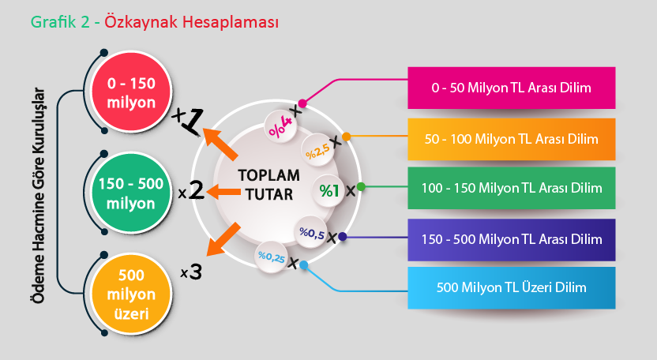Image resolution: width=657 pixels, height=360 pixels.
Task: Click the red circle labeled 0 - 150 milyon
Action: pyautogui.click(x=131, y=92)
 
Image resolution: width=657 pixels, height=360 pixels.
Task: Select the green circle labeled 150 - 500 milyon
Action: pyautogui.click(x=131, y=193)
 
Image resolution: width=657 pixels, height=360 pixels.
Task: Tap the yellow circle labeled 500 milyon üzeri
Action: pyautogui.click(x=131, y=294)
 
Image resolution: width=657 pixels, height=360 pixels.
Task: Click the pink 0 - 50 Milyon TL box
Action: pyautogui.click(x=511, y=88)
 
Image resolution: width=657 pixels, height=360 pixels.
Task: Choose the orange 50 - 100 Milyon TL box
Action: pyautogui.click(x=511, y=139)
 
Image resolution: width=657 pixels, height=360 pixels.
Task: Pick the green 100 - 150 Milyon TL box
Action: pyautogui.click(x=511, y=188)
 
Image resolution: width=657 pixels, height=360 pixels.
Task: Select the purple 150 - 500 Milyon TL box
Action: pyautogui.click(x=511, y=239)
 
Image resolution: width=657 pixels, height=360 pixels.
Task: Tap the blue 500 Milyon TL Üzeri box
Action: pyautogui.click(x=511, y=288)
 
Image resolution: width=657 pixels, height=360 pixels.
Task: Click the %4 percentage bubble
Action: pyautogui.click(x=280, y=126)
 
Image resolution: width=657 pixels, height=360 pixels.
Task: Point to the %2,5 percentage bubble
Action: pyautogui.click(x=317, y=151)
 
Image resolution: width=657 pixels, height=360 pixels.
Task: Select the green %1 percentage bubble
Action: pyautogui.click(x=329, y=191)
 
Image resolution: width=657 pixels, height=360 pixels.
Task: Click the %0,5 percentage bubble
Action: pyautogui.click(x=311, y=233)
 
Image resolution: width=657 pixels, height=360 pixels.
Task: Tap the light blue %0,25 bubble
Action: pyautogui.click(x=271, y=257)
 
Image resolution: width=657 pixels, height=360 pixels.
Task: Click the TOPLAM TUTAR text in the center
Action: pyautogui.click(x=269, y=185)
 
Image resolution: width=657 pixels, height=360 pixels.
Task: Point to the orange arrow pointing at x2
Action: pyautogui.click(x=223, y=192)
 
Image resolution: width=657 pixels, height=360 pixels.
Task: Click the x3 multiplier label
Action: pyautogui.click(x=191, y=272)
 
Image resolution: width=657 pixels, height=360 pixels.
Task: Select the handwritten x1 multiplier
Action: pyautogui.click(x=188, y=121)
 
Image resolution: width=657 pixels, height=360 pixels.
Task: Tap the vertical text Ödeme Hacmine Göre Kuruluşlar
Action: pyautogui.click(x=39, y=195)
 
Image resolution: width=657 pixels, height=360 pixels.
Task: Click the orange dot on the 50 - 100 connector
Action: pyautogui.click(x=346, y=137)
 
